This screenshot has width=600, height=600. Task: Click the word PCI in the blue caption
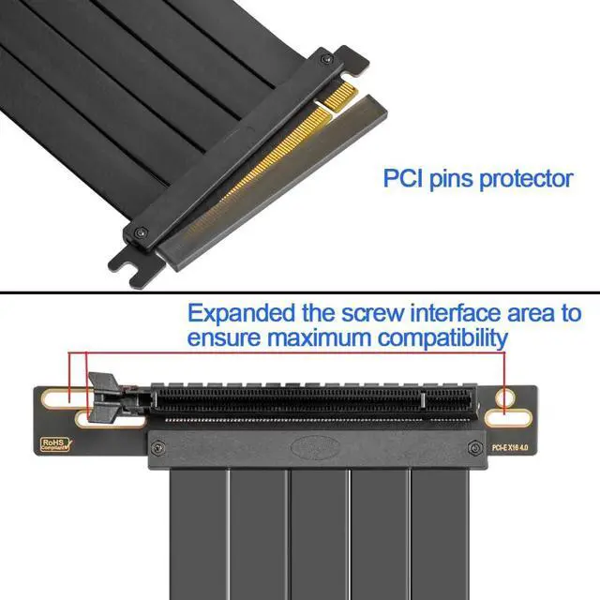coord(404,177)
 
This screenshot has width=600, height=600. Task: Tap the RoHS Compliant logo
coord(55,445)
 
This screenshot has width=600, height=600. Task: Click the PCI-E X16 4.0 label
coord(511,447)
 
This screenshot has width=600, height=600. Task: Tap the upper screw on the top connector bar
coord(325,60)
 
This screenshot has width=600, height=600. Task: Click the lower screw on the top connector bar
coord(139,232)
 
